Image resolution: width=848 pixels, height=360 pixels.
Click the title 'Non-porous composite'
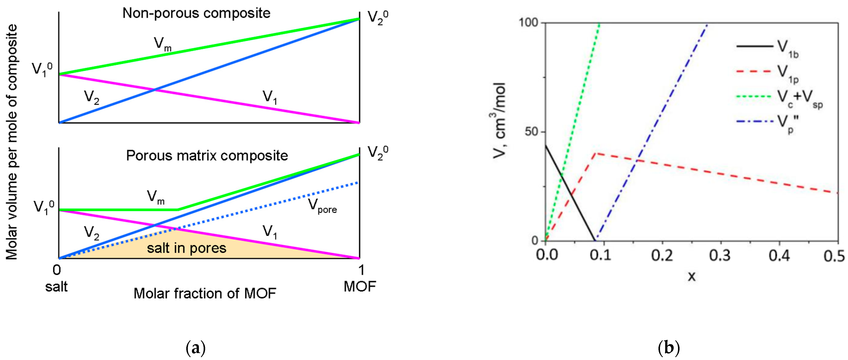(196, 13)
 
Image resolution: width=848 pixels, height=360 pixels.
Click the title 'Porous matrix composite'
(207, 156)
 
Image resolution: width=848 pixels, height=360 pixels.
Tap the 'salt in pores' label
(187, 248)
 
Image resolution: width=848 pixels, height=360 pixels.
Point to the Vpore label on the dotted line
(322, 206)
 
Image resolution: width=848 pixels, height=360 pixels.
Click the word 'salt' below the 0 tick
(56, 287)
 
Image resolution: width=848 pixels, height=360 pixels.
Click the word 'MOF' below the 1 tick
(360, 287)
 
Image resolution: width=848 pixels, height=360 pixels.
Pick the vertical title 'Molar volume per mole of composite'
(12, 141)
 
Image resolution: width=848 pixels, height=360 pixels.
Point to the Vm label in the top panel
(163, 44)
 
